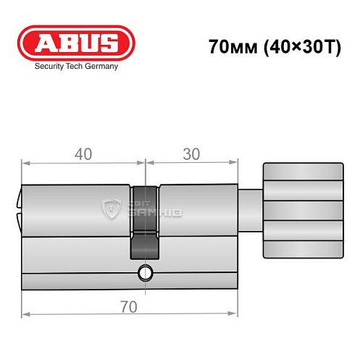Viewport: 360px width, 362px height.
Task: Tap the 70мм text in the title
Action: [230, 48]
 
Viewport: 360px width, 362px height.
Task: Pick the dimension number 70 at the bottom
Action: [129, 308]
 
